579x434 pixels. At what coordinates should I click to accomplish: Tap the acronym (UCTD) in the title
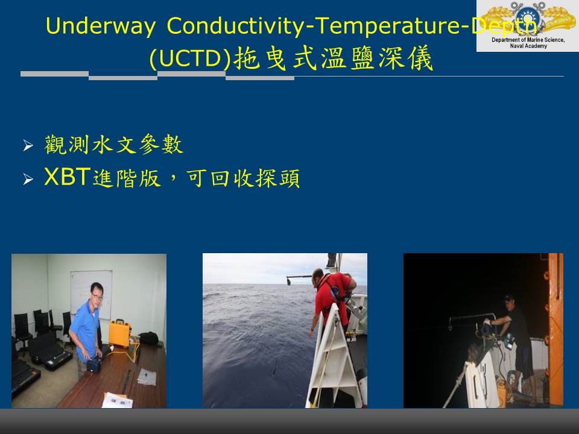coord(190,58)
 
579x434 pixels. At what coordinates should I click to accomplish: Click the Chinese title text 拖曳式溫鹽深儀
coord(333,58)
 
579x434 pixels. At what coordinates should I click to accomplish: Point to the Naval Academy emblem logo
coord(528,17)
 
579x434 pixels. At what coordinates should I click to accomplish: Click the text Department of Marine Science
coord(528,40)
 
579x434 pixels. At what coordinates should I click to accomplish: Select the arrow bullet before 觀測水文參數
coord(28,145)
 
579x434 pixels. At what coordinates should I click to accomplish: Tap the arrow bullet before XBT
coord(28,180)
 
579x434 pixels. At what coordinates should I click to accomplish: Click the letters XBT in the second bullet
coord(67,177)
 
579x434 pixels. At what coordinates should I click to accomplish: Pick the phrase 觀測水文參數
coord(114,144)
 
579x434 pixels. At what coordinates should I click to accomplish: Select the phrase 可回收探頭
coord(243,178)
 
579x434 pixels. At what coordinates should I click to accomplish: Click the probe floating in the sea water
coord(276,367)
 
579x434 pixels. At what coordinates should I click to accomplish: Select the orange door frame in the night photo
coord(554,330)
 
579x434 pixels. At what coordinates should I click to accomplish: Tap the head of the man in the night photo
coord(510,303)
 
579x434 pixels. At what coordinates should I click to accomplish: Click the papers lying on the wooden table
coord(147,377)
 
